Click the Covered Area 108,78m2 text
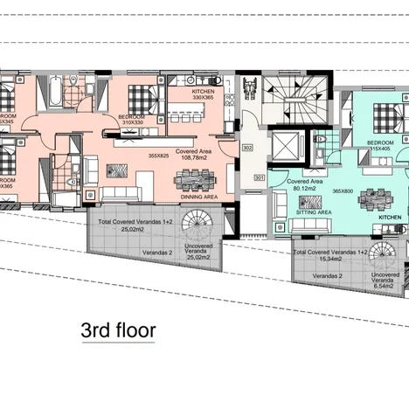[196, 156]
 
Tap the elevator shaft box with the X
[287, 147]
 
